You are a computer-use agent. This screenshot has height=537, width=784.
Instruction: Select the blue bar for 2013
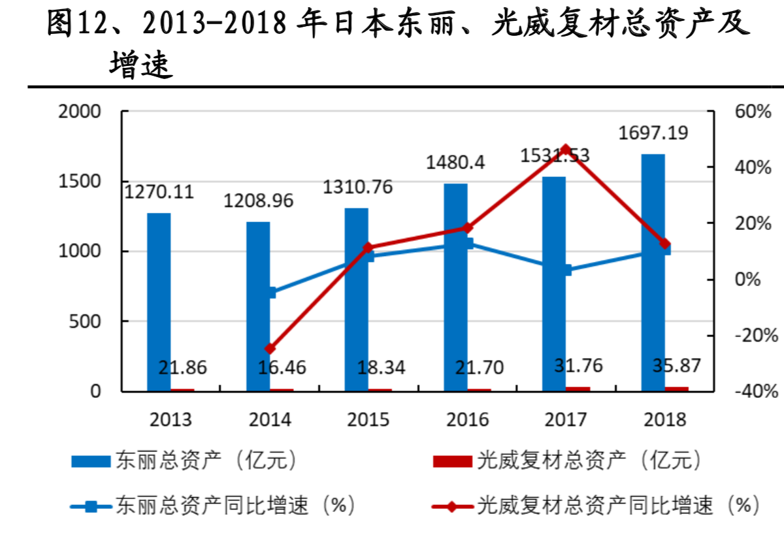158,302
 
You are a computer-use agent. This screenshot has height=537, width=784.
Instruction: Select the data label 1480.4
455,162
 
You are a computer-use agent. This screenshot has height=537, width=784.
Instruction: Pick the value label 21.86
182,368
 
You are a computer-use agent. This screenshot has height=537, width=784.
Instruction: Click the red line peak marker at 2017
566,150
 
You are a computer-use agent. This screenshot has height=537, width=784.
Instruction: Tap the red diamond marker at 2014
270,349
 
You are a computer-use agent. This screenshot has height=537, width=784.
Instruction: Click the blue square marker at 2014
270,293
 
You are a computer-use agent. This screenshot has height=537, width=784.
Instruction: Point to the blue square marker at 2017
566,270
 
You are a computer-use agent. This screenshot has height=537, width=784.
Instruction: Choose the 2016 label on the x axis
467,419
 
